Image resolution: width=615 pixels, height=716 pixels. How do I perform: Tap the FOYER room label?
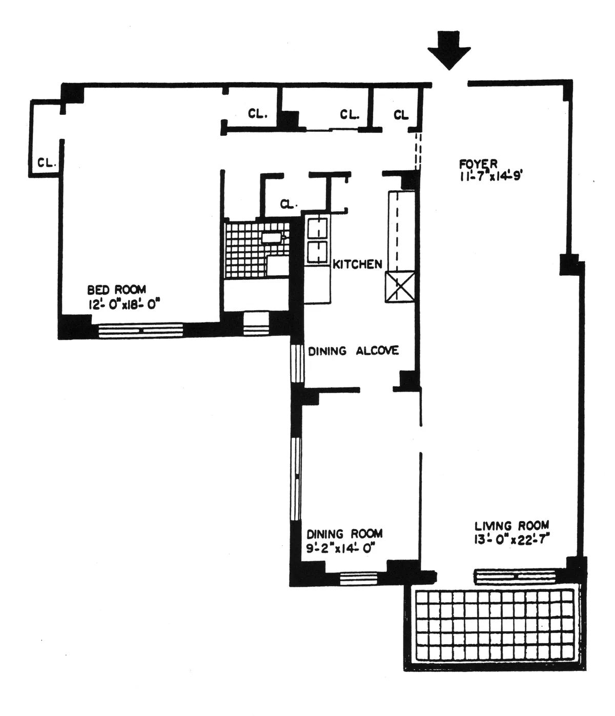pos(478,164)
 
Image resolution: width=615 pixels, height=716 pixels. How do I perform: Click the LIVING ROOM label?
pos(511,525)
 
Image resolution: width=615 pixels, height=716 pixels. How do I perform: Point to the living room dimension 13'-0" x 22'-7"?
pos(511,539)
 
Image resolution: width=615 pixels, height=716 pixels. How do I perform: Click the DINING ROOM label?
pos(344,534)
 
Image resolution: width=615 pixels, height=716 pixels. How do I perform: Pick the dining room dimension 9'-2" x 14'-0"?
pos(341,548)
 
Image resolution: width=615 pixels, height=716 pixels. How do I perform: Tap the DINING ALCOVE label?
pos(353,351)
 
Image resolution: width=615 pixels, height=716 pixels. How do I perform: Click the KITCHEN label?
pos(357,264)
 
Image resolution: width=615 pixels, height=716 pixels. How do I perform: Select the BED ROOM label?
pos(116,290)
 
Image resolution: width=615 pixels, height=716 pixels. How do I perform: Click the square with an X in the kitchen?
pos(400,287)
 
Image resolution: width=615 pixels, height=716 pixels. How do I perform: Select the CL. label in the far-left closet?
pos(46,163)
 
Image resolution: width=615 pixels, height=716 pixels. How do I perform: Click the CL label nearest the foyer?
pos(401,115)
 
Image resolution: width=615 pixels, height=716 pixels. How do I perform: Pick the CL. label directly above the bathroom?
pos(289,204)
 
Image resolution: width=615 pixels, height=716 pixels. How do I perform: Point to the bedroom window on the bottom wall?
pos(140,330)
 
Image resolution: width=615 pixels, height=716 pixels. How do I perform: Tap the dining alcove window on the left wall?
pos(297,363)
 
